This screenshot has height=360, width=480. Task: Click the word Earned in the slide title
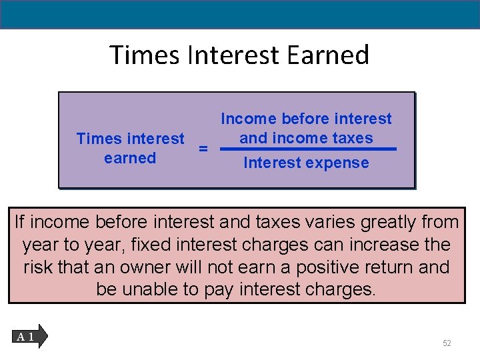pyautogui.click(x=328, y=55)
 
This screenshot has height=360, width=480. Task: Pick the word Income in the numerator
pyautogui.click(x=248, y=119)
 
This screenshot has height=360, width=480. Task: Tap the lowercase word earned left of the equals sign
pyautogui.click(x=130, y=158)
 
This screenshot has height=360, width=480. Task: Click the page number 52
pyautogui.click(x=447, y=343)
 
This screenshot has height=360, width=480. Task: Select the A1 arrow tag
pyautogui.click(x=28, y=337)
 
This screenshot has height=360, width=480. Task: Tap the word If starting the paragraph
pyautogui.click(x=20, y=222)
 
